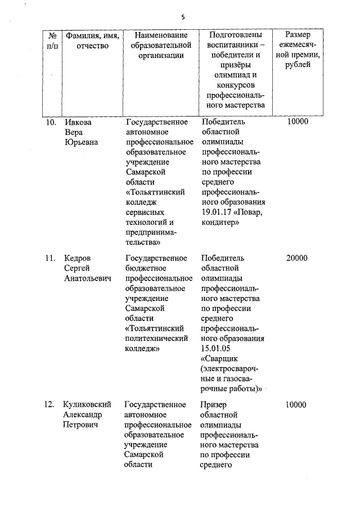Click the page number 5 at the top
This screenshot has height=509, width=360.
tap(182, 17)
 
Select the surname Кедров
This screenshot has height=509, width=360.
tap(79, 258)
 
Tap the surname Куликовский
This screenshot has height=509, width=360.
tap(87, 404)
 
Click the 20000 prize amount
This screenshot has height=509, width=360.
tap(296, 258)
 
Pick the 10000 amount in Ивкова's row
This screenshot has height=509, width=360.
tap(296, 122)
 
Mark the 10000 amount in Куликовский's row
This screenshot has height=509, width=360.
tap(296, 404)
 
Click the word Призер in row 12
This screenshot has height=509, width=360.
tap(213, 404)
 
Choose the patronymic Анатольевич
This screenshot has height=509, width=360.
tap(87, 278)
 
